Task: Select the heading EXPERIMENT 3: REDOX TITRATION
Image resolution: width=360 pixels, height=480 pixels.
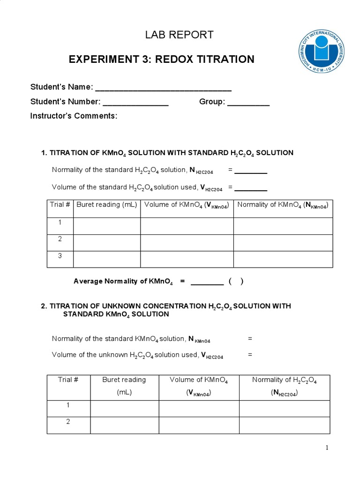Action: pos(161,60)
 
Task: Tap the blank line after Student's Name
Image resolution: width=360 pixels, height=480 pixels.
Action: pos(163,88)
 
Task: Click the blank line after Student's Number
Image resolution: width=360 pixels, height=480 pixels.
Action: pos(135,102)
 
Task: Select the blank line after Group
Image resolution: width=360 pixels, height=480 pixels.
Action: pos(248,102)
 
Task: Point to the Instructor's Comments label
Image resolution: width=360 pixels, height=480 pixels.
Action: pos(74,116)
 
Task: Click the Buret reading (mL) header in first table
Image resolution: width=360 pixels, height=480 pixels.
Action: pos(106,205)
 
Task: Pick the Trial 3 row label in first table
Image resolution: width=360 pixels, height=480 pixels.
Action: pos(60,255)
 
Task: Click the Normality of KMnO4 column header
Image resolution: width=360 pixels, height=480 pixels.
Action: pos(283,205)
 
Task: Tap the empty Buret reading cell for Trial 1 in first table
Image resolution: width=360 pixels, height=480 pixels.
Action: pos(107,225)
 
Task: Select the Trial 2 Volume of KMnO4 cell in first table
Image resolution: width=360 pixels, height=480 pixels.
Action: pos(187,242)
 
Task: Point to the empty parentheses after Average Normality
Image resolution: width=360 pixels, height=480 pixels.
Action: pos(236,282)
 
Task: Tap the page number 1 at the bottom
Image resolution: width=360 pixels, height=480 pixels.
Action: pos(327,448)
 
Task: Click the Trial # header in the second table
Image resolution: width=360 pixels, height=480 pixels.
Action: pos(68,380)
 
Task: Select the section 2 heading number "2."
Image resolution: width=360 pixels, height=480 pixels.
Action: pos(44,306)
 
